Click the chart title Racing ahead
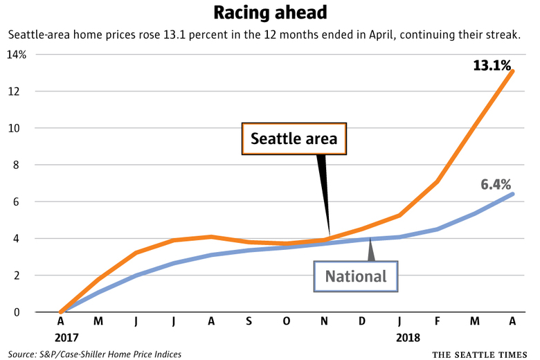[x=269, y=13]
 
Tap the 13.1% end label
[x=493, y=66]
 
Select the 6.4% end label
[x=495, y=184]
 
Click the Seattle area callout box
[x=294, y=139]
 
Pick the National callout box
[x=356, y=276]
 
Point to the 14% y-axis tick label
[x=17, y=55]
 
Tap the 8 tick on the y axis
[x=22, y=165]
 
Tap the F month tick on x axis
[x=437, y=323]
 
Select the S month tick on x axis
[x=249, y=323]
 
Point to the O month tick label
[x=286, y=323]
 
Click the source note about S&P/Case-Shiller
[x=96, y=354]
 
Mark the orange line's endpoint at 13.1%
[x=512, y=71]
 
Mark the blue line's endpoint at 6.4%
[x=512, y=194]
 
